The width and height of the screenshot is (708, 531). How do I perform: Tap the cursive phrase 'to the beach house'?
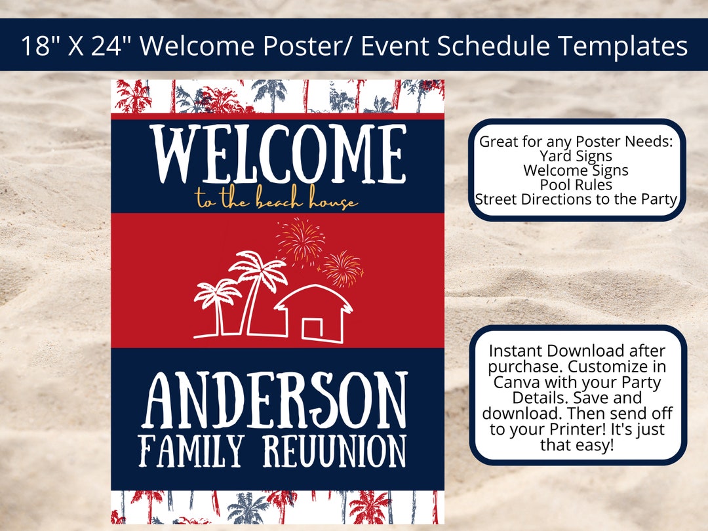click(277, 201)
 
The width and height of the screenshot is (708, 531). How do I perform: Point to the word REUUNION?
click(334, 452)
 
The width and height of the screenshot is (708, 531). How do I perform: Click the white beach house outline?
click(315, 314)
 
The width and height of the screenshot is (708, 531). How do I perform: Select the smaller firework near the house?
click(342, 268)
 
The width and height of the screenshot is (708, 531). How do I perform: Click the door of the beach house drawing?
click(311, 328)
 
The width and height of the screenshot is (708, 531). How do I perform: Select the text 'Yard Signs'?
click(576, 156)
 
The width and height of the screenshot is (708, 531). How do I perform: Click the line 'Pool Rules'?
click(576, 185)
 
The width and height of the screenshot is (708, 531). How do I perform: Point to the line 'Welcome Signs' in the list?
click(576, 170)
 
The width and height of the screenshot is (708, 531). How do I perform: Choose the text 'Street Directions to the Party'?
click(576, 199)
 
